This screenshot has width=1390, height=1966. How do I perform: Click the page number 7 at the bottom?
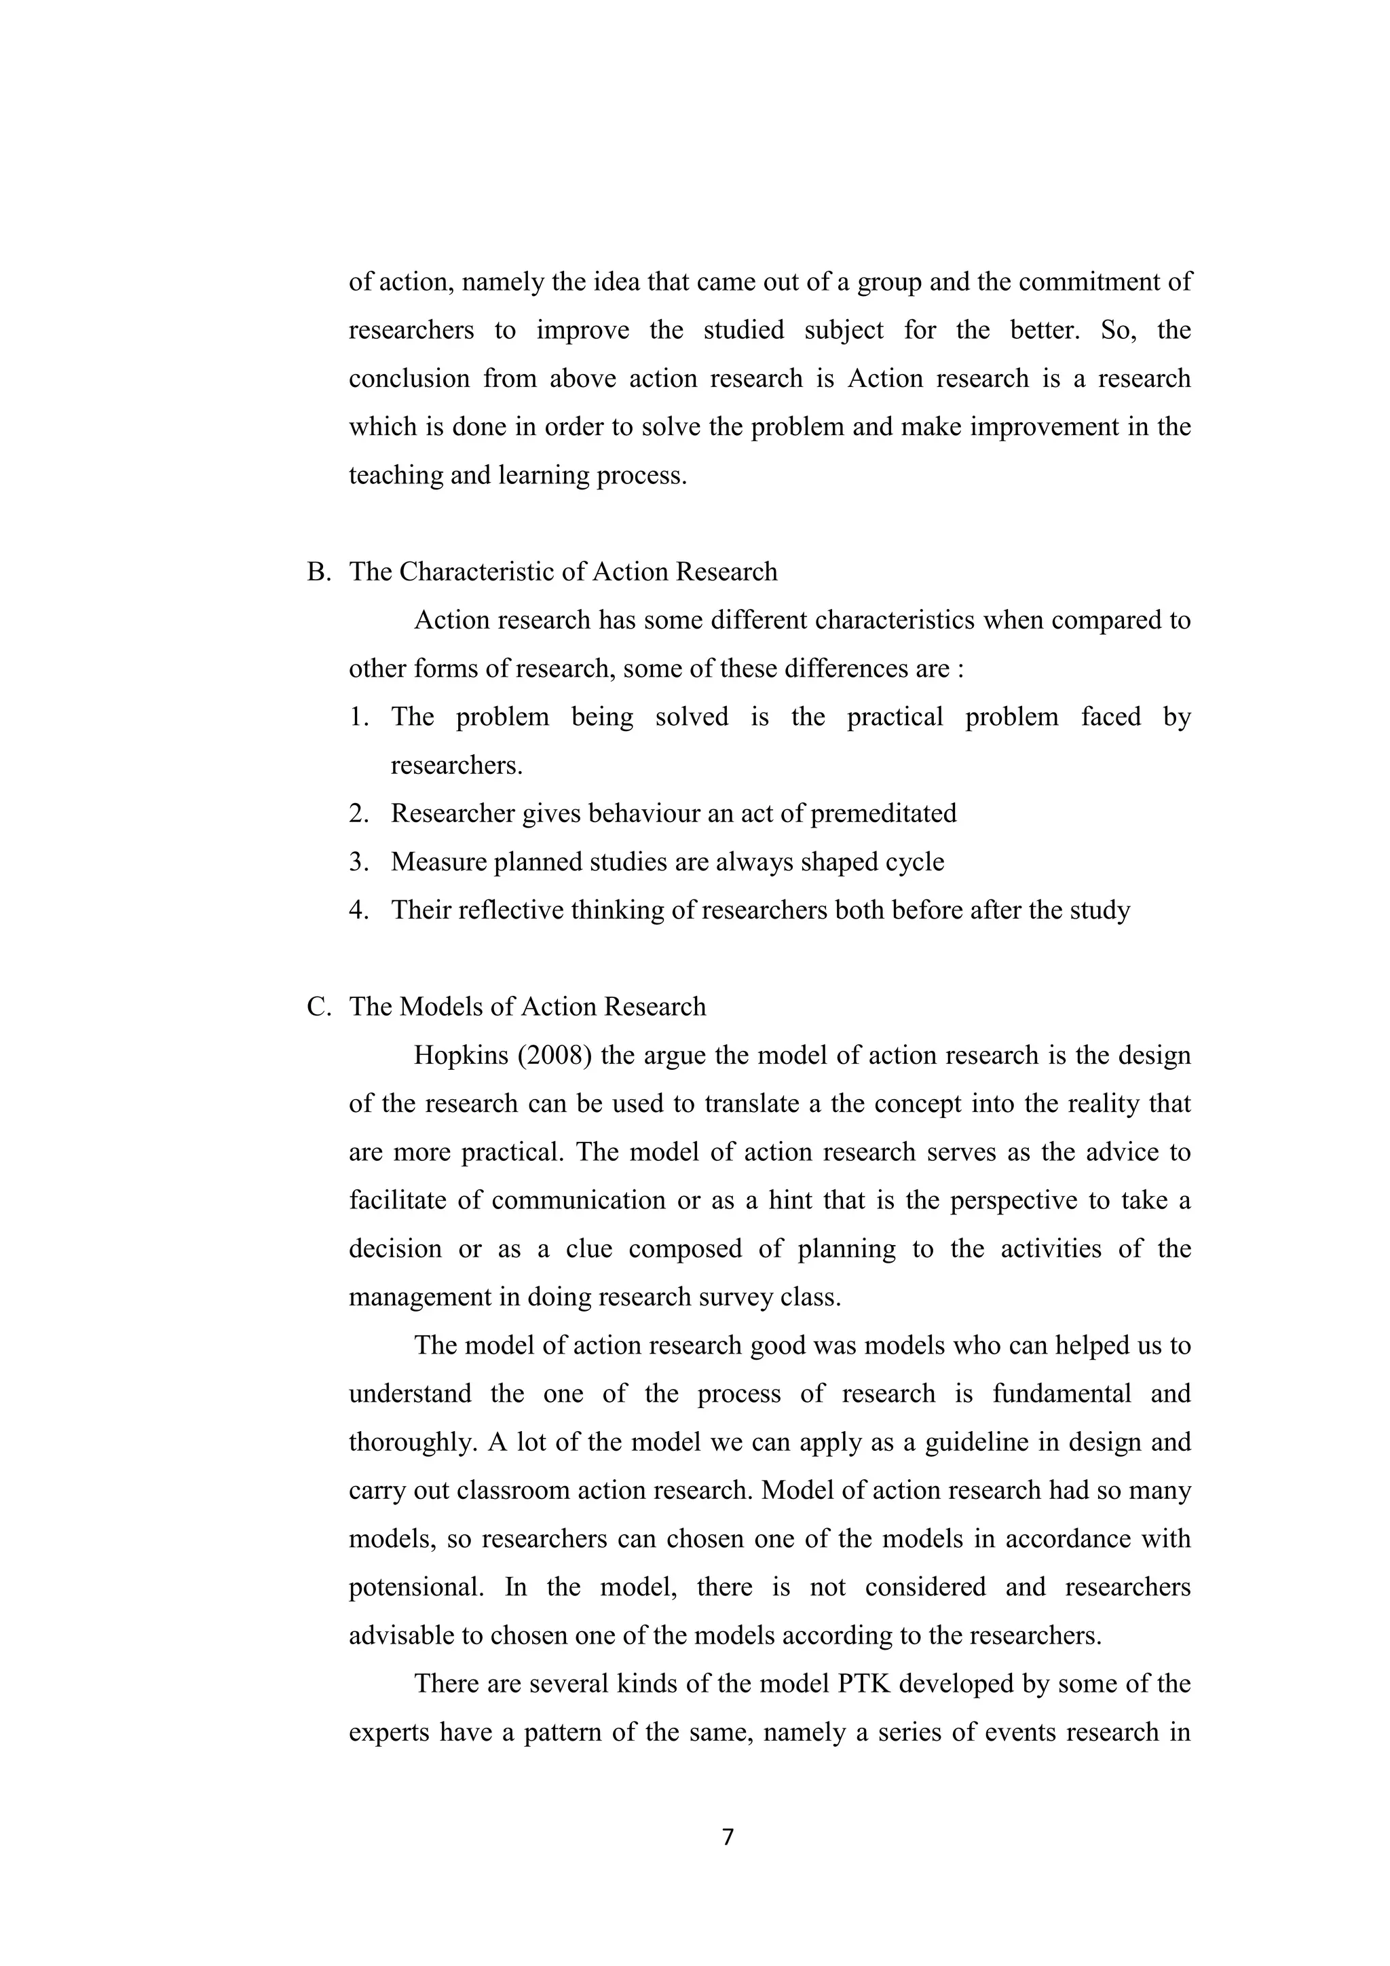pyautogui.click(x=728, y=1838)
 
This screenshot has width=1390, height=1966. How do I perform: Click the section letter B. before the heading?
pyautogui.click(x=318, y=572)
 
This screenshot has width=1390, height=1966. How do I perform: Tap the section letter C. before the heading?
pyautogui.click(x=318, y=1007)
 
